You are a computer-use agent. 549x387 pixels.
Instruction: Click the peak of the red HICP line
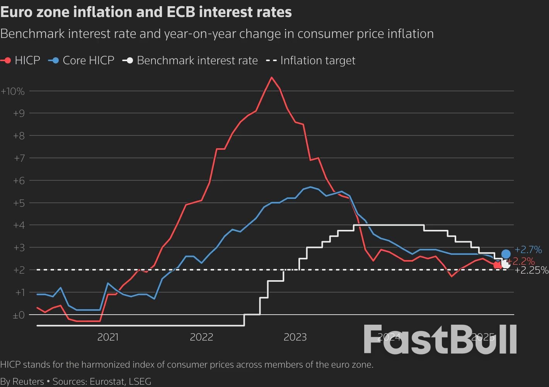coord(271,77)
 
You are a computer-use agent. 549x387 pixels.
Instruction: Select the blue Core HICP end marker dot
coord(506,254)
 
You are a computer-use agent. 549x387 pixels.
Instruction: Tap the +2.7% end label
coord(528,250)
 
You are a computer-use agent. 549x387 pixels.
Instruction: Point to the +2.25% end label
coord(532,271)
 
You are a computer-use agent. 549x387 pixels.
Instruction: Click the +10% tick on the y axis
coord(13,91)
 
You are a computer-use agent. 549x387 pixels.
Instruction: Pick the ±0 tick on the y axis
coord(18,315)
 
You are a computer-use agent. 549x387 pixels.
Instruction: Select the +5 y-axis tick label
coord(19,203)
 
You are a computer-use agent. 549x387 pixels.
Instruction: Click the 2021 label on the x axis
coord(108,337)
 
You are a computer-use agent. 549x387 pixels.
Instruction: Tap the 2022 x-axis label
coord(201,337)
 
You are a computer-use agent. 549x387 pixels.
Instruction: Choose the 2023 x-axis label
coord(295,337)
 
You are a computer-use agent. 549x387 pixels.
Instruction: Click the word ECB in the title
coord(181,12)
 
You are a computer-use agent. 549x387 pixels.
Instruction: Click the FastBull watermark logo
coord(440,339)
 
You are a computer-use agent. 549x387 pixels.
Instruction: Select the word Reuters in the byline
coord(28,382)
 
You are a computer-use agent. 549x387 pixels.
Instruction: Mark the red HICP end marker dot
coord(498,265)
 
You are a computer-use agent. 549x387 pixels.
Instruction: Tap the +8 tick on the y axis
coord(19,136)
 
